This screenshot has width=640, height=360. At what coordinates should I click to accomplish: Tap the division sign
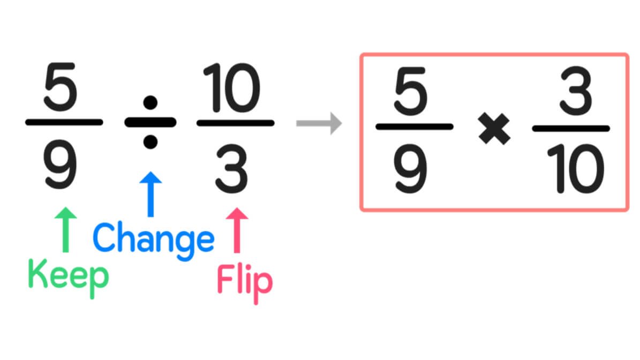tap(150, 122)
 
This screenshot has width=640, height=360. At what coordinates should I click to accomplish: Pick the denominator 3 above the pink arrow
tap(233, 167)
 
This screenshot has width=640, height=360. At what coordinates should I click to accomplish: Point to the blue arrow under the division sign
tap(150, 194)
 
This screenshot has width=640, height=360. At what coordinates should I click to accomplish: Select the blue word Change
tap(154, 239)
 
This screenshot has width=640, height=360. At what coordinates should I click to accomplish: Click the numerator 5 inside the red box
tap(413, 90)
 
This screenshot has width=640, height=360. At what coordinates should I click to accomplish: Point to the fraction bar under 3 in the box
tap(571, 128)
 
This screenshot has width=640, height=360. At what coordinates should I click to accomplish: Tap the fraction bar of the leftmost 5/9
tap(64, 122)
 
